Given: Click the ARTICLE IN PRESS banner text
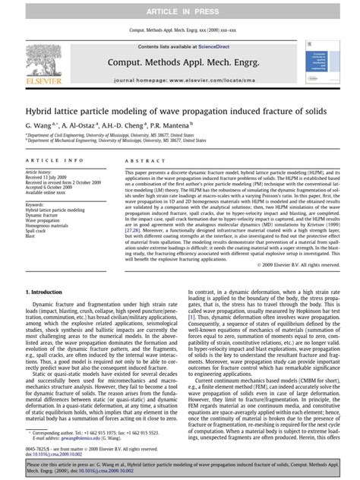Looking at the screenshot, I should pos(180,10).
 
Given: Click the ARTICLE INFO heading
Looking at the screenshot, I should pos(51,162).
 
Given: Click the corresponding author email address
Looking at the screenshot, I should pos(68,437).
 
